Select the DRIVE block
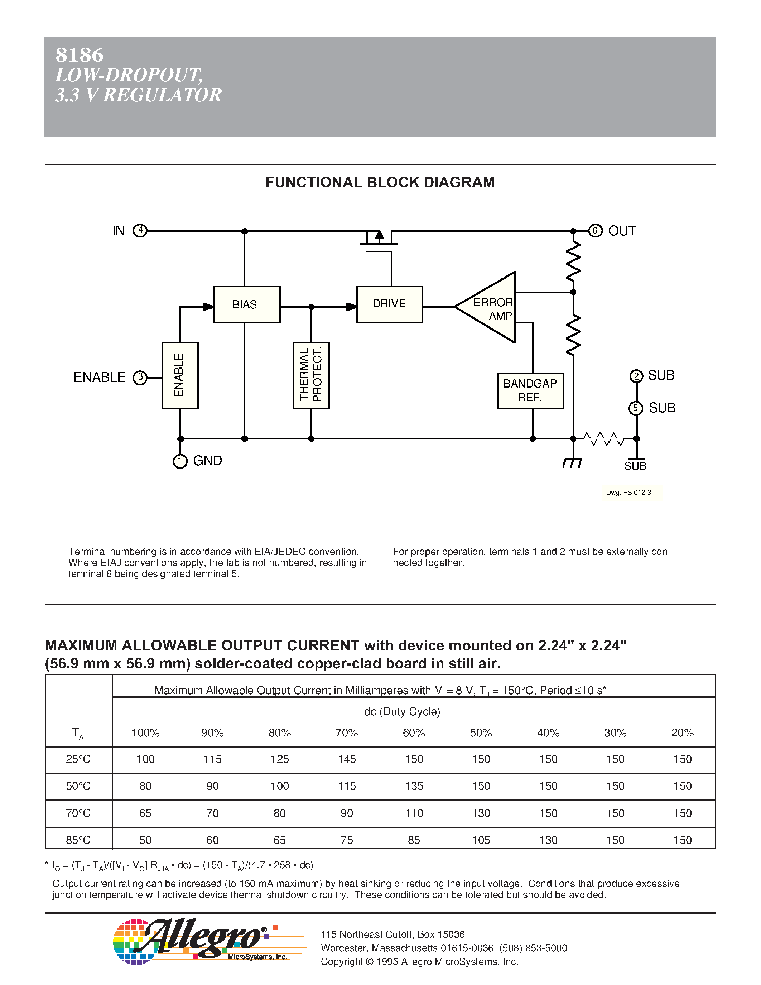(x=389, y=304)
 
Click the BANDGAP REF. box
(x=530, y=390)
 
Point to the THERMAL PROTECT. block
(x=311, y=375)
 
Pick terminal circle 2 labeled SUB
(x=636, y=376)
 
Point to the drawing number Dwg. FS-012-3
(x=628, y=492)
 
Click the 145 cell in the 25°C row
(x=347, y=759)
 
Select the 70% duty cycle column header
(x=347, y=733)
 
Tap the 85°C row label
(x=78, y=840)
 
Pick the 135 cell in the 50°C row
(x=414, y=786)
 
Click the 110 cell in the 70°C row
(x=414, y=813)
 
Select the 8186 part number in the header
(x=80, y=55)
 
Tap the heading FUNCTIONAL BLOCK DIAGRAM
(x=380, y=182)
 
